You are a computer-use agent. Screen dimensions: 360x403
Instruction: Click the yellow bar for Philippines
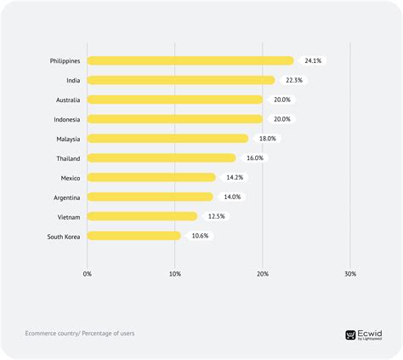[190, 60]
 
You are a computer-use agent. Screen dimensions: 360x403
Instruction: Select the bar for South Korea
[134, 236]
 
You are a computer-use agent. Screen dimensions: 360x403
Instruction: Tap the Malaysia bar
[168, 138]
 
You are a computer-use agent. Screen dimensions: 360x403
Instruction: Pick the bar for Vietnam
[142, 216]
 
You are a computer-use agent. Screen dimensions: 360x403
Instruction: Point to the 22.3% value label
[294, 80]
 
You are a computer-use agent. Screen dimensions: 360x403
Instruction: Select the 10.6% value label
[200, 236]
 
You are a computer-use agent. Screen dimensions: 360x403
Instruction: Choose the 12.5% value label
[216, 216]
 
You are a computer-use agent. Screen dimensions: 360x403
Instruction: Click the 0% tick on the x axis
[88, 274]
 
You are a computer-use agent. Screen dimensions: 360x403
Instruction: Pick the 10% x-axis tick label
[175, 274]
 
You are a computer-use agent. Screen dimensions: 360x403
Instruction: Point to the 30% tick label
[350, 274]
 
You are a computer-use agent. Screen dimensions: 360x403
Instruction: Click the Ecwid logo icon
[350, 334]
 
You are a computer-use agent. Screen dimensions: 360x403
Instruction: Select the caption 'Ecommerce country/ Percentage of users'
[80, 333]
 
